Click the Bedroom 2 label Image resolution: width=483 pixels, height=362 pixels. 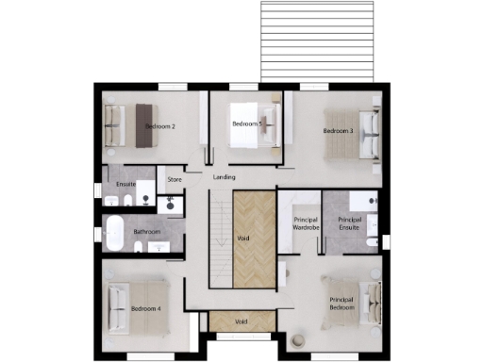[160, 125]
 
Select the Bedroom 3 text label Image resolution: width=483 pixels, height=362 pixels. [338, 131]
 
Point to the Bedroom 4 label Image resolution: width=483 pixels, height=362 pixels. [146, 308]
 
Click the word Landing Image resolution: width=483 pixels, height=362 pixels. [225, 177]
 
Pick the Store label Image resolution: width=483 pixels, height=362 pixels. [174, 178]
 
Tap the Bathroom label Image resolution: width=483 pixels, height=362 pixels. [146, 231]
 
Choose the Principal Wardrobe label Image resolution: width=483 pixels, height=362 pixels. [301, 223]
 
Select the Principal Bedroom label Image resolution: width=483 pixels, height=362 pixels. [341, 304]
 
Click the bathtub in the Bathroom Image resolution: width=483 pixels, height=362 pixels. [114, 232]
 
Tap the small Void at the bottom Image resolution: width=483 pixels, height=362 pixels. [241, 321]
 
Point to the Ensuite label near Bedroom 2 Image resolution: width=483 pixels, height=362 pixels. [126, 183]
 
